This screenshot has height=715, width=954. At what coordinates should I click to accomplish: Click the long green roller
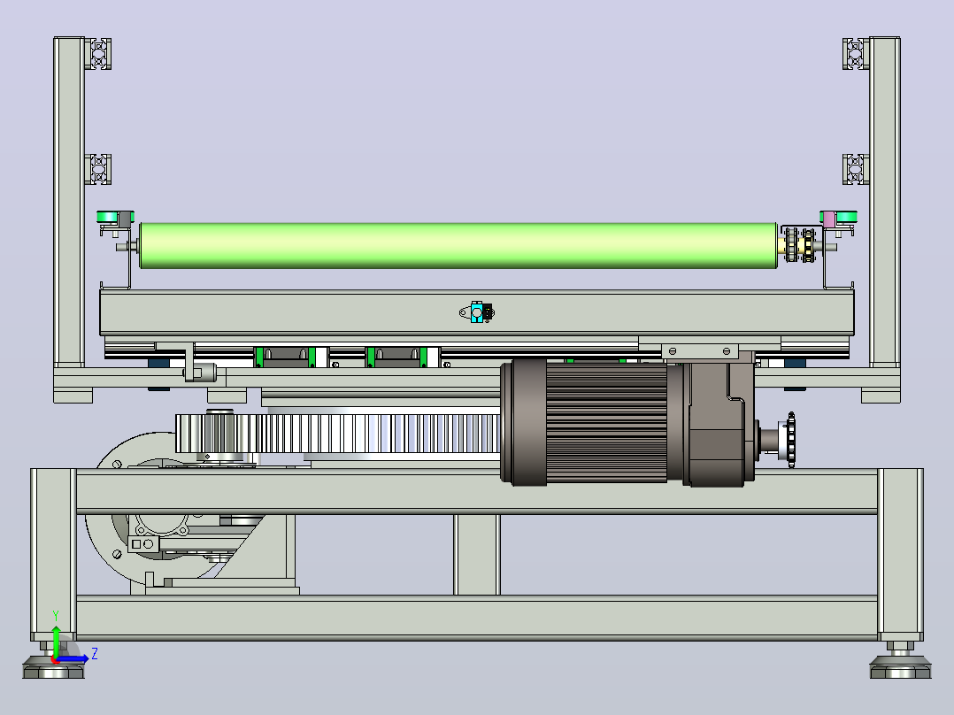click(x=458, y=246)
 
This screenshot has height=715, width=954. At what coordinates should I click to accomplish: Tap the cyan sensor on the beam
click(x=477, y=312)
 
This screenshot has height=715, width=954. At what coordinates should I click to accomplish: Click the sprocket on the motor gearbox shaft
click(x=791, y=440)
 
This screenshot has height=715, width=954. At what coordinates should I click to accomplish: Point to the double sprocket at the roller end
click(x=800, y=245)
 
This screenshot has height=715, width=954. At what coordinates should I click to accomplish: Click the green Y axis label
click(x=56, y=616)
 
